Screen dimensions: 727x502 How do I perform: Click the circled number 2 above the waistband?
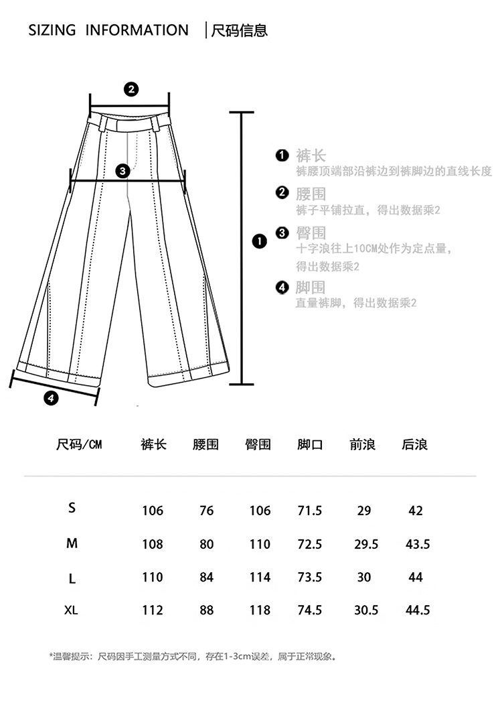[132, 89]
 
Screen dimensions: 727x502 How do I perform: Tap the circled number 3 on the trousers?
[122, 171]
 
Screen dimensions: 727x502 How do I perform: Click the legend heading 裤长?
[311, 157]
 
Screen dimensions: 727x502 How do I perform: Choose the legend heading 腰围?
[311, 194]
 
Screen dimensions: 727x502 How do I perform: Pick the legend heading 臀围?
[311, 233]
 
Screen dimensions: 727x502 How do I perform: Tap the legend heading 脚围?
[311, 287]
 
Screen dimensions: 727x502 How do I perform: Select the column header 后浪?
[414, 444]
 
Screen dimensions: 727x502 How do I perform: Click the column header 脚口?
[310, 444]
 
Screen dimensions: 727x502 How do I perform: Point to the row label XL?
[72, 610]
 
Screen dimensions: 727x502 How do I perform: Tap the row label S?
[72, 508]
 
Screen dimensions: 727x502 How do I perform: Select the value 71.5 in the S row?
[310, 511]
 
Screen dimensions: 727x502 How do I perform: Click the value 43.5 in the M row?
[418, 544]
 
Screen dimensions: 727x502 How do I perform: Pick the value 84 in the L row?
[206, 577]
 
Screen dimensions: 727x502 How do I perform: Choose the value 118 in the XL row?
[260, 610]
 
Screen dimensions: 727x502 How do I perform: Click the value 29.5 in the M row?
[366, 544]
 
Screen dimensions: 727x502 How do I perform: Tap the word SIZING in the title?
[52, 30]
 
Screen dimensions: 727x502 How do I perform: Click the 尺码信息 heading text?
[239, 30]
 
